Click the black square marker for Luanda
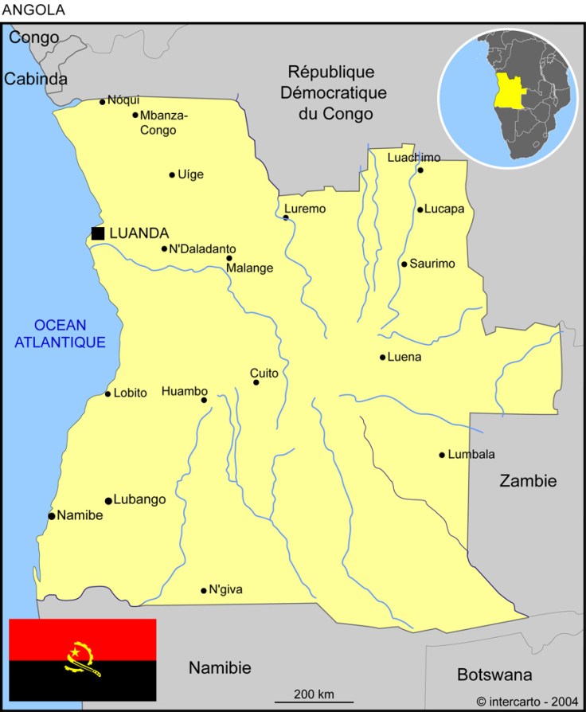point(98,233)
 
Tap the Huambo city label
point(184,391)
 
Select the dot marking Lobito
point(108,393)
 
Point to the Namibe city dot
point(52,516)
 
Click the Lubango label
point(139,499)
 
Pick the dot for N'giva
point(204,590)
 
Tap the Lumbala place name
point(471,454)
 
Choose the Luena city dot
point(382,357)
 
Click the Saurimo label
point(432,264)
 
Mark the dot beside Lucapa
point(420,209)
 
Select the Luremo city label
point(305,209)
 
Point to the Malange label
point(249,268)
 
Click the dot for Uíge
point(172,175)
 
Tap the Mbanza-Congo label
point(163,123)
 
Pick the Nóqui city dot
point(103,101)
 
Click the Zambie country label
point(528,480)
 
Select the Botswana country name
point(494,675)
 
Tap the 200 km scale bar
point(314,702)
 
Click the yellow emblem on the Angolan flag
point(81,659)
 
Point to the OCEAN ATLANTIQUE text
point(61,334)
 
